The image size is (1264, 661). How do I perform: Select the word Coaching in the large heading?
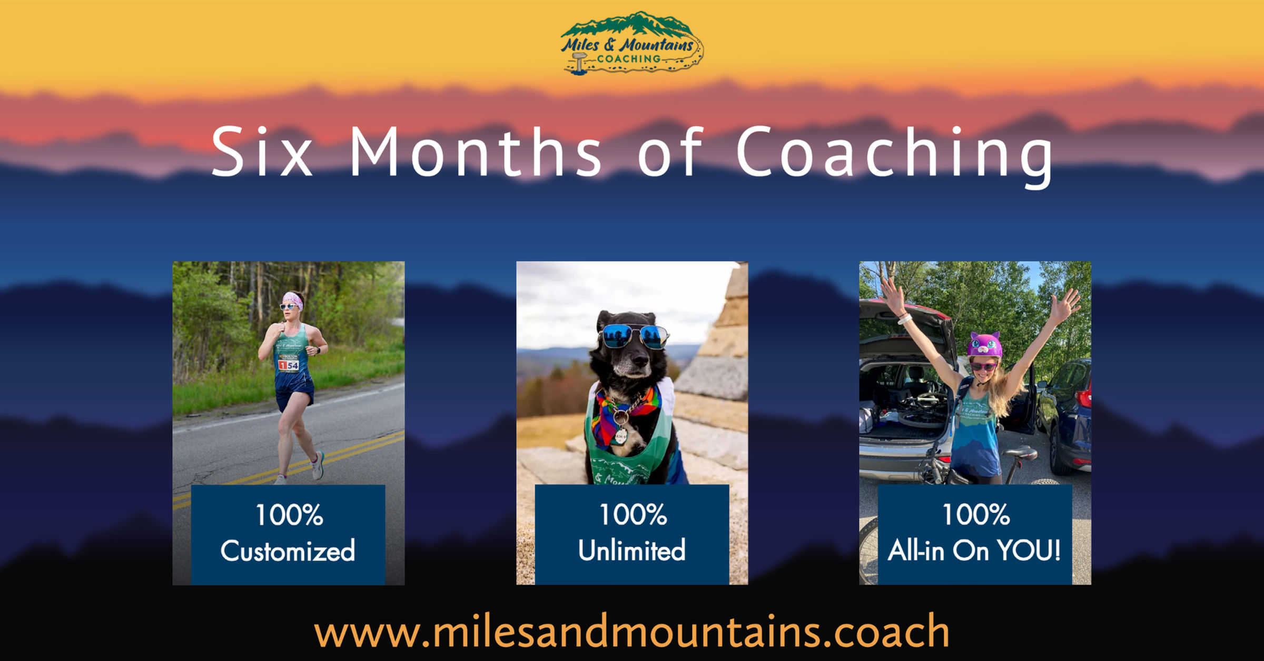point(894,153)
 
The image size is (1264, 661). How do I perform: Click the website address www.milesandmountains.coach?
point(631,631)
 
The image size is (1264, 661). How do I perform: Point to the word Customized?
point(288,551)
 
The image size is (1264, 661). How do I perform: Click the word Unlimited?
point(631,550)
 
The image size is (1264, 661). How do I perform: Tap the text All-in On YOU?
point(974,550)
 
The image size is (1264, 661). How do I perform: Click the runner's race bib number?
point(289,364)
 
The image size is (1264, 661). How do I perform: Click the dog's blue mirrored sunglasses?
point(634,336)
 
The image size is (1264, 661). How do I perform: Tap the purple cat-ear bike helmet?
point(984,345)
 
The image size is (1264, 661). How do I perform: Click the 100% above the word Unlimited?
point(633,514)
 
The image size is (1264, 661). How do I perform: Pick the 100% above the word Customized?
point(289,514)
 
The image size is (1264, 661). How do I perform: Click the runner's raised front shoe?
point(318,466)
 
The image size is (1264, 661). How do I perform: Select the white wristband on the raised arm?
point(904,318)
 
